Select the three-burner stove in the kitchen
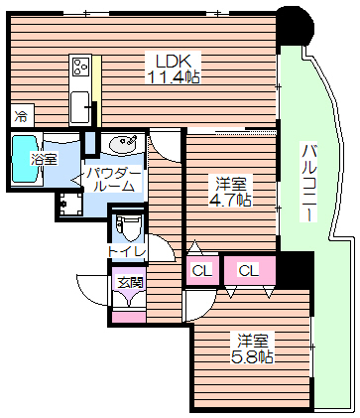pos(80,68)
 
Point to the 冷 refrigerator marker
pos(21,117)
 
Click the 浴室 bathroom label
pos(43,159)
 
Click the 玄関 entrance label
pos(130,282)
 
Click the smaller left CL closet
pos(201,270)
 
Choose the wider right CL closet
pos(248,268)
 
